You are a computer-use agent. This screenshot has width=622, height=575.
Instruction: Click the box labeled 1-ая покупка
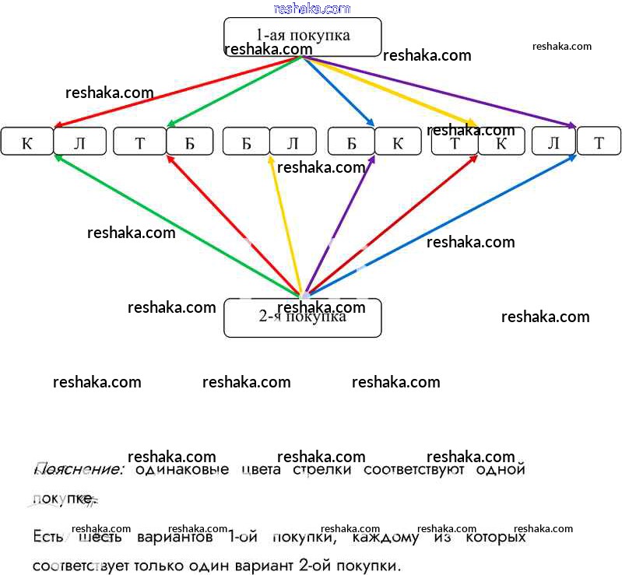[302, 36]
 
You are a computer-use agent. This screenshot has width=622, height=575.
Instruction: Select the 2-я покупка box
[302, 317]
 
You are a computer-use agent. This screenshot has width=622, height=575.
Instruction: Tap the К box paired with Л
[26, 142]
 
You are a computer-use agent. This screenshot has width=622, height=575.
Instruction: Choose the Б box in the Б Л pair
[246, 142]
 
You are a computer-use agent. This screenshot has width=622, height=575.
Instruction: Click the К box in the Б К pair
[397, 142]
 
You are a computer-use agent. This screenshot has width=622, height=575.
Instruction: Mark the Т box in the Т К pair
[455, 142]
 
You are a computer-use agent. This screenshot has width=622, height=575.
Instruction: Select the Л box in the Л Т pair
[553, 142]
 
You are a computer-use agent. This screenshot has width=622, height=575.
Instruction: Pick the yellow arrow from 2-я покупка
[285, 226]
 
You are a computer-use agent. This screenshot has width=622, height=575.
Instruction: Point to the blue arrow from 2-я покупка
[440, 225]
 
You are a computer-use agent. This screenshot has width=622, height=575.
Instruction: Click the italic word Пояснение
[79, 470]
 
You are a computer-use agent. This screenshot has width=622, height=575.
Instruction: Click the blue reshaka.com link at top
[312, 9]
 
